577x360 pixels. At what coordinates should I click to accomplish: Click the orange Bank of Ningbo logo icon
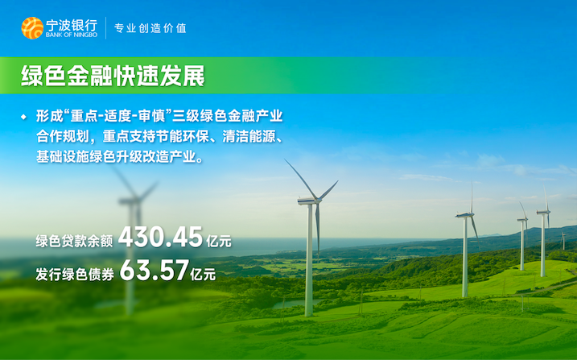tap(32, 28)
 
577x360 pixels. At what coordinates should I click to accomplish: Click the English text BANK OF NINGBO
tap(72, 35)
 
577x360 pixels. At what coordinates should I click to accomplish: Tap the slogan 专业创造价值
tap(150, 28)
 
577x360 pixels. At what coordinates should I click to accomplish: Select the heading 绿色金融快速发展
tap(113, 77)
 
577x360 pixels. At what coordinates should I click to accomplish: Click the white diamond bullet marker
tap(24, 117)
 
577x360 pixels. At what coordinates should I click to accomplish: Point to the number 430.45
tap(160, 237)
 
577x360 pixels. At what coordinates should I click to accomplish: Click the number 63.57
tap(155, 270)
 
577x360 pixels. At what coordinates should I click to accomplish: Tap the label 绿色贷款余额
tap(74, 241)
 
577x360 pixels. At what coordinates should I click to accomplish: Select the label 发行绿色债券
tap(75, 275)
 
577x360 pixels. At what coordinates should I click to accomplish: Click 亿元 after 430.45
tap(219, 242)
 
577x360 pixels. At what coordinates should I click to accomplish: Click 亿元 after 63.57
tap(203, 275)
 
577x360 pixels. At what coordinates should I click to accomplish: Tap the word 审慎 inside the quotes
tap(152, 116)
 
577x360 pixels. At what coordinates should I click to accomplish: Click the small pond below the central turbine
tap(297, 304)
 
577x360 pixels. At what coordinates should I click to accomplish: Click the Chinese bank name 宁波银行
tap(72, 25)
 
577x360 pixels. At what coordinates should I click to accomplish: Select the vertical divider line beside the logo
tap(106, 28)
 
